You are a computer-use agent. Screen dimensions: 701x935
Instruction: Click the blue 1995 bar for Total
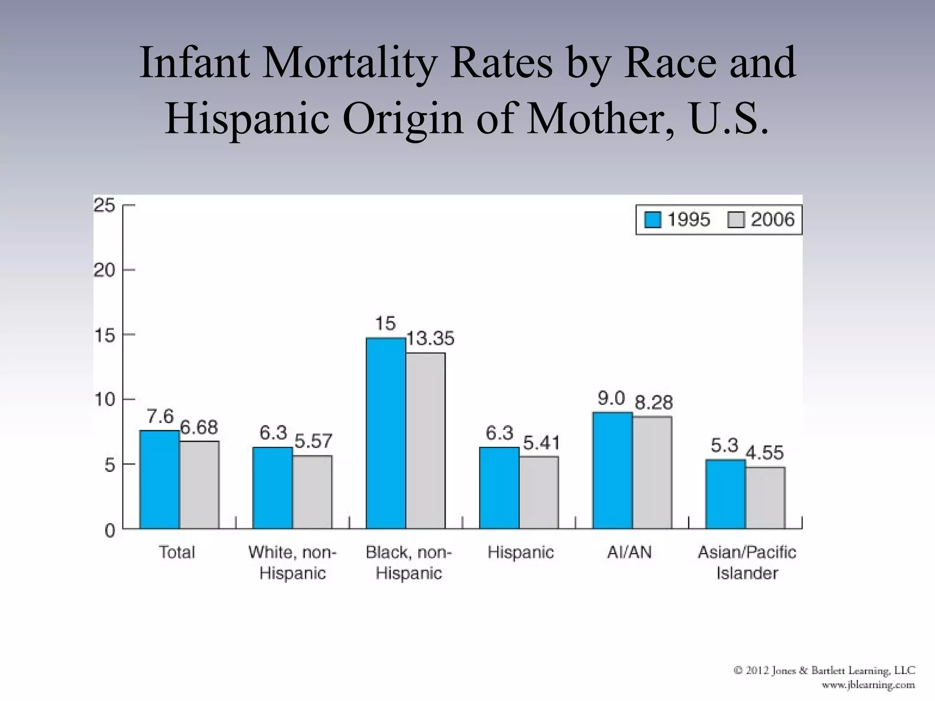(x=159, y=479)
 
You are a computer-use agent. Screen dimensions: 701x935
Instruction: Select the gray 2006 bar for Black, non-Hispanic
(x=425, y=440)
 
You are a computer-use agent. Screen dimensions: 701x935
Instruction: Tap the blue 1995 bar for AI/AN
(x=612, y=470)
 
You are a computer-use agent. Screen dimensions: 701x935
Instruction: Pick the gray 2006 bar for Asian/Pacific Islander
(x=765, y=497)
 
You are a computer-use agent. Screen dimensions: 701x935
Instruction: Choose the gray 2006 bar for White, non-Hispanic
(x=312, y=492)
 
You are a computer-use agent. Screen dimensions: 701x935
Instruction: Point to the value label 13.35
(x=430, y=339)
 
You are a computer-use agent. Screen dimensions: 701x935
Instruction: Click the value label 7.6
(x=160, y=416)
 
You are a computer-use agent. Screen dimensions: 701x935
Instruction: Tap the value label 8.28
(x=654, y=403)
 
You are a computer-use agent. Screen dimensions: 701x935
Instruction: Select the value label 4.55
(x=765, y=453)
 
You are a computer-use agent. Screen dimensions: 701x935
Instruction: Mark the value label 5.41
(x=541, y=443)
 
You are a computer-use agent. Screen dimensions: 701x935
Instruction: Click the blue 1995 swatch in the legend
(x=652, y=220)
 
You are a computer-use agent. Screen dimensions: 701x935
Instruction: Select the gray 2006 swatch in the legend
(x=736, y=220)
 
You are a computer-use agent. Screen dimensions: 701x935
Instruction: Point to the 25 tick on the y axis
(x=105, y=205)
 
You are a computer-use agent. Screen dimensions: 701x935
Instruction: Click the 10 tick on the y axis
(x=105, y=400)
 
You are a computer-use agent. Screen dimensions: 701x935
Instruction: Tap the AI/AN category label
(x=629, y=552)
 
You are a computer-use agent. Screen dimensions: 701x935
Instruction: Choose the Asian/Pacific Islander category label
(x=747, y=562)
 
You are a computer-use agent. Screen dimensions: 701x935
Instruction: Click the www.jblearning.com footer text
(x=868, y=685)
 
